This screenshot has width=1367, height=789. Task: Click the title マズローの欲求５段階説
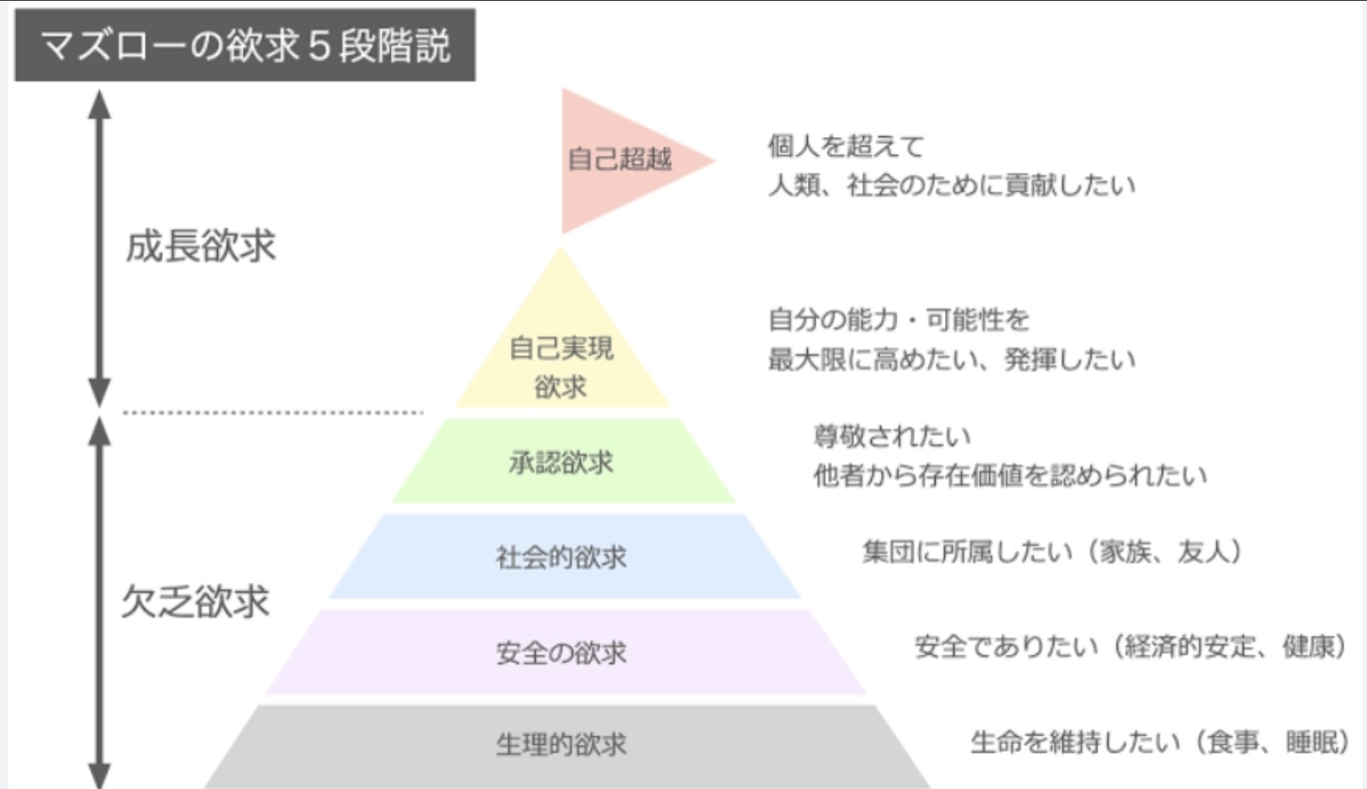[245, 46]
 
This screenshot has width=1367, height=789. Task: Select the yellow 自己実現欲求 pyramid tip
[562, 342]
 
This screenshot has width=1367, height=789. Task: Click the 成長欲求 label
[201, 245]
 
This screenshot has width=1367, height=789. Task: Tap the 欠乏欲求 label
[196, 601]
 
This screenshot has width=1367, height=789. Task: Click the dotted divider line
[273, 413]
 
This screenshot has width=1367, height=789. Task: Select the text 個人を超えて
[846, 146]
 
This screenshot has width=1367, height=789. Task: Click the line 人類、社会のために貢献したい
[952, 185]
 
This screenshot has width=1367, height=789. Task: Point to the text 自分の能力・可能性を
[898, 320]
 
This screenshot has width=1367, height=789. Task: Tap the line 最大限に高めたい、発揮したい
[952, 359]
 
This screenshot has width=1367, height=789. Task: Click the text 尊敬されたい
[892, 437]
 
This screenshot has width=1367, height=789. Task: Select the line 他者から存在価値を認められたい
[1010, 475]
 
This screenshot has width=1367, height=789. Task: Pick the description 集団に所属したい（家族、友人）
[1052, 551]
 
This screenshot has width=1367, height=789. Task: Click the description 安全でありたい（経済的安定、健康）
[1129, 647]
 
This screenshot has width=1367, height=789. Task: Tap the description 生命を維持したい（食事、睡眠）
[1159, 742]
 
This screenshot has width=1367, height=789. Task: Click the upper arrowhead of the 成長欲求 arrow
[99, 103]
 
